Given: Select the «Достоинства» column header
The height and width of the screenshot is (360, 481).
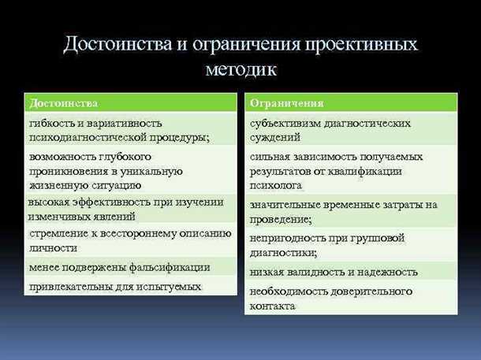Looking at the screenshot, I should (x=63, y=103).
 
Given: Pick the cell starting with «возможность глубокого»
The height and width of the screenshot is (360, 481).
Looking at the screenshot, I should (x=131, y=170).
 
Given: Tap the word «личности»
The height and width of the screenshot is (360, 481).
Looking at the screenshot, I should (x=52, y=247).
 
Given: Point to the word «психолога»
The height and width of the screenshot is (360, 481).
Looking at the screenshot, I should (x=276, y=185).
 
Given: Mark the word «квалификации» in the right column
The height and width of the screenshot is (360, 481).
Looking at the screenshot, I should (x=368, y=171).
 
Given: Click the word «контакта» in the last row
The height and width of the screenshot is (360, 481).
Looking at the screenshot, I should (x=273, y=306).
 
